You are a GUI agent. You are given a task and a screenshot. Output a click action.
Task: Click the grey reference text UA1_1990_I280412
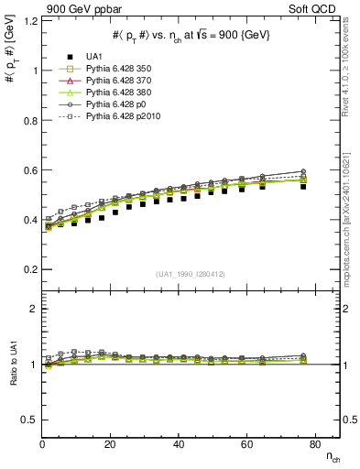(x=191, y=274)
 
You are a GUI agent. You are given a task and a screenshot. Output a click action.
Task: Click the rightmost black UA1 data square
(x=303, y=185)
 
